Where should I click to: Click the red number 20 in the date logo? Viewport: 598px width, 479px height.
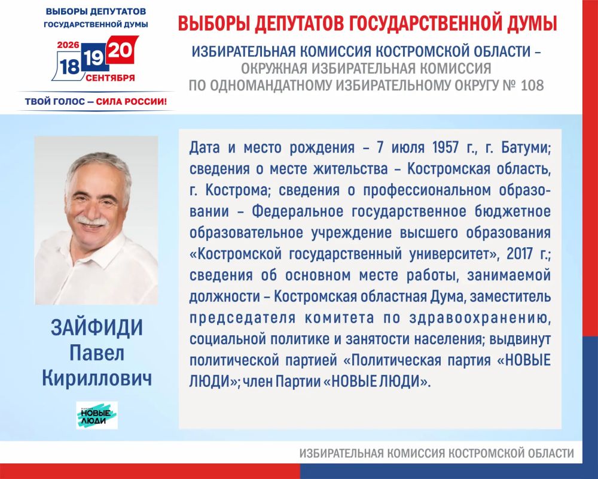(x=121, y=50)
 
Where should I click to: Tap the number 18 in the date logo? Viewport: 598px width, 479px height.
(x=69, y=67)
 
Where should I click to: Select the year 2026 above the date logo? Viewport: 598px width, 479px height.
(x=68, y=45)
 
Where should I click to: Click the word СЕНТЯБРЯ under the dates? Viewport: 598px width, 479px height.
(x=110, y=78)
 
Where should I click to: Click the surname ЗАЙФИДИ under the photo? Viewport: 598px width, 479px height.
(x=97, y=328)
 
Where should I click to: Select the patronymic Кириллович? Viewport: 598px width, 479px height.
(x=97, y=378)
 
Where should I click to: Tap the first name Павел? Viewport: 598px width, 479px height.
(x=97, y=353)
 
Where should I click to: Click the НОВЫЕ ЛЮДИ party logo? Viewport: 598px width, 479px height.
(x=97, y=415)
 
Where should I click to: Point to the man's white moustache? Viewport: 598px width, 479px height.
(x=92, y=220)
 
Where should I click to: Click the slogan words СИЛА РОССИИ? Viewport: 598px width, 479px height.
(x=131, y=102)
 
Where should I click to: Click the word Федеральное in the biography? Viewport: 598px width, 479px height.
(x=297, y=211)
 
